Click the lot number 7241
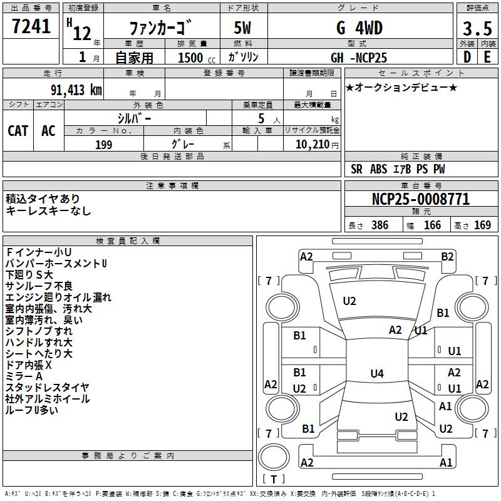[x=31, y=27]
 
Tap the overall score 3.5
[x=476, y=29]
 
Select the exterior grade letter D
[x=466, y=57]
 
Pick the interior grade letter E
[x=487, y=57]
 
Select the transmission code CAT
[x=18, y=130]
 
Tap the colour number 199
[x=103, y=145]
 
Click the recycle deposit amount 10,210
[x=311, y=145]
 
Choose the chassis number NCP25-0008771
[x=420, y=200]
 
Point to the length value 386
[x=380, y=225]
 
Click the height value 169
[x=482, y=225]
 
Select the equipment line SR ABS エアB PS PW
[x=398, y=169]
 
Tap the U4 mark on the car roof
[x=376, y=374]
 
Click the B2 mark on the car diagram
[x=447, y=256]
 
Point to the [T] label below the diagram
[x=274, y=480]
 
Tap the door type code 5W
[x=243, y=29]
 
